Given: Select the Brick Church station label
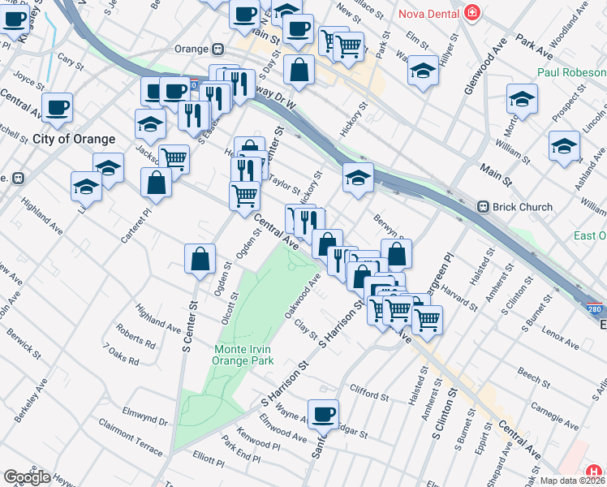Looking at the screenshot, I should coord(525,207).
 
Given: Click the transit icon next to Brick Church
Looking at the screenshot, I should coord(484,207).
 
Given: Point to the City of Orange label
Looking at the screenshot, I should coord(74,139).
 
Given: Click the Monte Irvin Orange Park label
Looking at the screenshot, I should coord(243,355).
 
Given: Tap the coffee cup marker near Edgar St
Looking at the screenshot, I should coord(323,413).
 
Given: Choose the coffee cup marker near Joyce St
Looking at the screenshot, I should coord(57,107).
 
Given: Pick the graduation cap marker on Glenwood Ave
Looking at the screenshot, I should coord(422,71).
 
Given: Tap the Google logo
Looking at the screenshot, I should coord(27,477).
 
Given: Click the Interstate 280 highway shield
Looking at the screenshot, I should coord(596,309).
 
